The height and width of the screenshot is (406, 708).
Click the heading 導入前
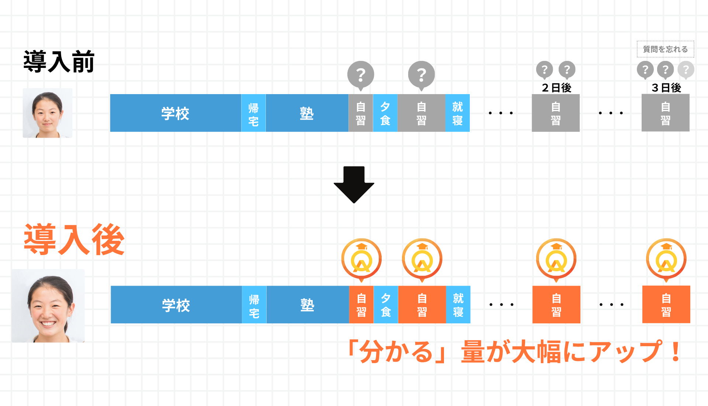coord(59,62)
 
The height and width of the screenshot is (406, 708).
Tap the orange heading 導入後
coord(74,240)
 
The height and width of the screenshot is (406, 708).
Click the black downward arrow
coord(354,184)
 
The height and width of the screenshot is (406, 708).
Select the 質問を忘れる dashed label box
coord(665,49)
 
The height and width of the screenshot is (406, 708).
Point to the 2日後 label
coord(556,88)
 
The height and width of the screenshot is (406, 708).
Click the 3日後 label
coord(666,88)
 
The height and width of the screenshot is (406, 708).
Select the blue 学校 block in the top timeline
coord(175,113)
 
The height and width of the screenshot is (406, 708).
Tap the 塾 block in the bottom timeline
coord(307,305)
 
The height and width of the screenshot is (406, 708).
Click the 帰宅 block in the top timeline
coord(253,113)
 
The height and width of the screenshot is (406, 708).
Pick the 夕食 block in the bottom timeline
coord(386,305)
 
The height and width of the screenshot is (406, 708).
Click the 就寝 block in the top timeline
coord(457,113)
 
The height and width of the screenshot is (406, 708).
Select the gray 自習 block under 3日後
coord(665,113)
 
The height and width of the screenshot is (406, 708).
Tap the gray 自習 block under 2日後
coord(555,113)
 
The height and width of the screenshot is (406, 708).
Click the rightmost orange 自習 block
coord(666,305)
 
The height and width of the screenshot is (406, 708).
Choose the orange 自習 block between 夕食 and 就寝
coord(422,305)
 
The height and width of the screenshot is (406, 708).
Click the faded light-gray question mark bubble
coord(686,69)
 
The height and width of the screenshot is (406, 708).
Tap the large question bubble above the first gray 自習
coord(361,75)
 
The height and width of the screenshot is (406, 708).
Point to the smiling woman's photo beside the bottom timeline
coord(48,306)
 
